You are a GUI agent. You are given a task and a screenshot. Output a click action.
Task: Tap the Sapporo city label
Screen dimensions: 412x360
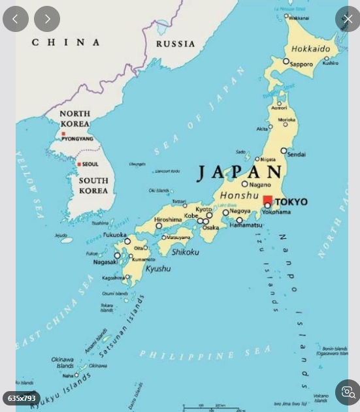pos(301,64)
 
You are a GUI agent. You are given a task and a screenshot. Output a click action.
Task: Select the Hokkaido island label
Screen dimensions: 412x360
pos(310,49)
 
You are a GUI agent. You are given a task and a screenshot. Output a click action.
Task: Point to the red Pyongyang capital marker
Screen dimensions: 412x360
pos(63,133)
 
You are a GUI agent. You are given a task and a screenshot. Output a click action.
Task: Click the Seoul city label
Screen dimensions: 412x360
pos(90,164)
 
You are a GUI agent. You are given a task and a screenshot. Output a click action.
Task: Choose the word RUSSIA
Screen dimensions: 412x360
pos(175,44)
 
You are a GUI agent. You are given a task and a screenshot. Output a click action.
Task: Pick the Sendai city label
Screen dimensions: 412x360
pos(296,155)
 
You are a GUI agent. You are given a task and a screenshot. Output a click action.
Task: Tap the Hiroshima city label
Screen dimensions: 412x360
pos(168,220)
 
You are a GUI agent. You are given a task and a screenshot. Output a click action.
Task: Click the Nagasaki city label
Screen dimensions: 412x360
pos(105,262)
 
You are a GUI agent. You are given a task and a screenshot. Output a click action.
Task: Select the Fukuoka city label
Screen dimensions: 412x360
pos(115,234)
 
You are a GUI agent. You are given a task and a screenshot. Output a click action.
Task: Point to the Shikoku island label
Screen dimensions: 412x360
pos(185,252)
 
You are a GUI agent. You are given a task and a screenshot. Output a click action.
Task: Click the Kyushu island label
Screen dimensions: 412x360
pos(157,268)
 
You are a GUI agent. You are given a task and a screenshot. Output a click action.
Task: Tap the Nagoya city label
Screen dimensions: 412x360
pos(240,211)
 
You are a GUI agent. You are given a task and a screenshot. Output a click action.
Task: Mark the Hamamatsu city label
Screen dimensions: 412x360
pos(246,225)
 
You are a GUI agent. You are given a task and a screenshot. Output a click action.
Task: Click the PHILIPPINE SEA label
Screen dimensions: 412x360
pos(196,355)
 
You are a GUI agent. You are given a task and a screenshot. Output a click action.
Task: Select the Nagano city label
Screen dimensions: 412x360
pos(260,184)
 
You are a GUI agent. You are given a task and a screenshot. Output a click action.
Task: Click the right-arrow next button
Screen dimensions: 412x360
pos(47,19)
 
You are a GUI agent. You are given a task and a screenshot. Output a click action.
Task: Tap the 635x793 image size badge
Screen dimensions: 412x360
pos(22,398)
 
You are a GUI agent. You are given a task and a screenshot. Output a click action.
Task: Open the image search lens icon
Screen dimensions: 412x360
pos(348,392)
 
